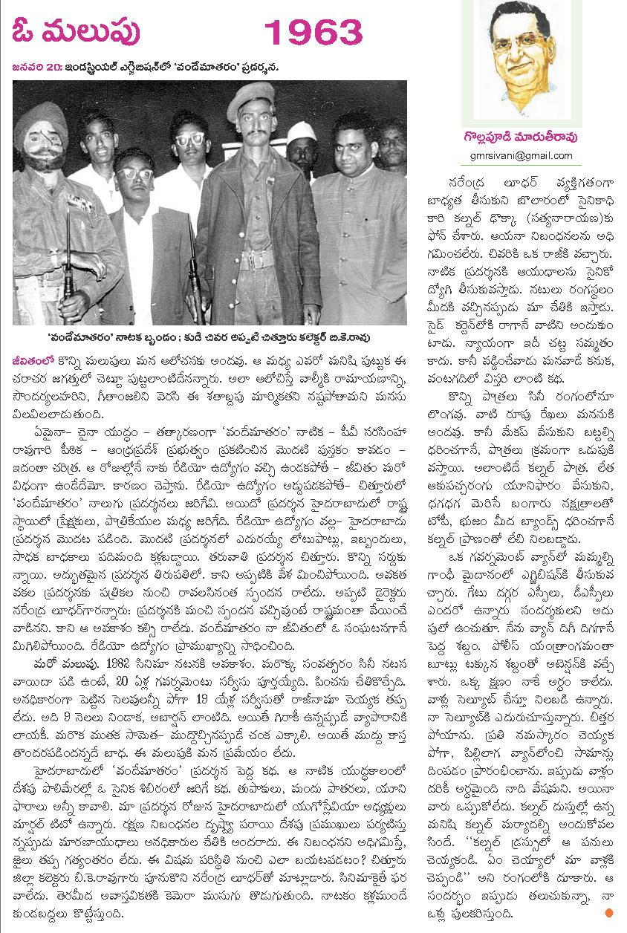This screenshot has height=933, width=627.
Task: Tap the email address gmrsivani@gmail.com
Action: tap(521, 155)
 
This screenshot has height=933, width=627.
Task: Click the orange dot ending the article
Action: tap(610, 912)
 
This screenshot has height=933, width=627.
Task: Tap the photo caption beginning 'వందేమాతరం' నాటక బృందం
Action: tap(210, 334)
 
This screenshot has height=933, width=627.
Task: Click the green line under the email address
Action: tap(521, 164)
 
